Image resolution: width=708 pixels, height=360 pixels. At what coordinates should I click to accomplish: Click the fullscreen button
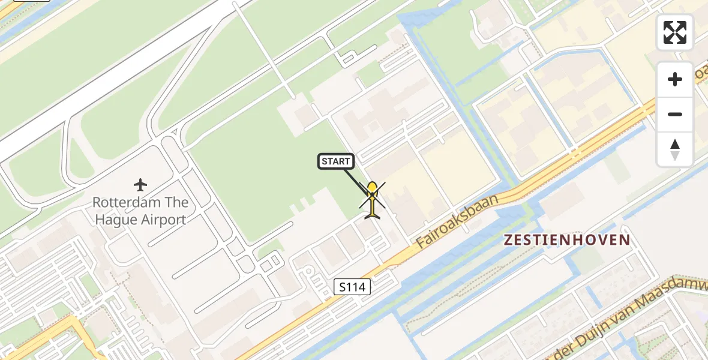[675, 32]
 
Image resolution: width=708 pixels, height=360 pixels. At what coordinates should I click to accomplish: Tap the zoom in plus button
[675, 79]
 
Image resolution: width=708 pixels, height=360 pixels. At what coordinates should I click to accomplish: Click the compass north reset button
[675, 149]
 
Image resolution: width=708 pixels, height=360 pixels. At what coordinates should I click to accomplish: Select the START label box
[336, 161]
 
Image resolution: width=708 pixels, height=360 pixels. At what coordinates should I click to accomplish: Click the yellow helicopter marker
[373, 199]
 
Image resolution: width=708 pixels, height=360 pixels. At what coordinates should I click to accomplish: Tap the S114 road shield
[352, 287]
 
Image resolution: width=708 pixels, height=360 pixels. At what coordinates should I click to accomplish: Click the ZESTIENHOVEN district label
[567, 241]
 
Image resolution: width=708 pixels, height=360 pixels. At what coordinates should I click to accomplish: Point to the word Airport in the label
[164, 220]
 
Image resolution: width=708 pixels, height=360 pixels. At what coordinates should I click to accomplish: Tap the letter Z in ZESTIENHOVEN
[508, 241]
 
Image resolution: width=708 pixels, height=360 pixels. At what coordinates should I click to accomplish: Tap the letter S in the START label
[325, 161]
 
